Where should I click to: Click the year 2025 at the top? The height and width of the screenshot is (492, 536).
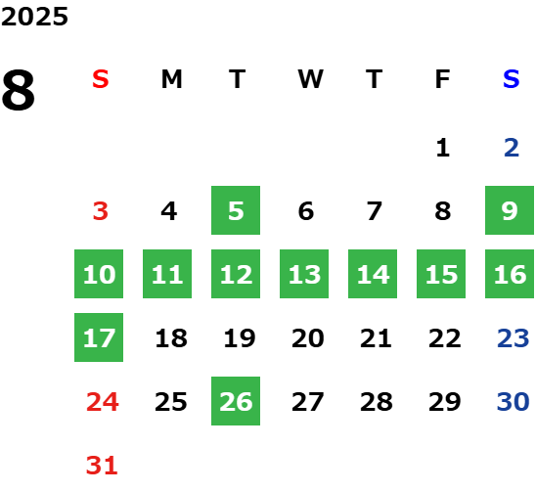coord(34,17)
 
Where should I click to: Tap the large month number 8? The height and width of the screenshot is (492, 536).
coord(19,90)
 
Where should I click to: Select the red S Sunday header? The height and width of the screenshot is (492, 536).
coord(101,79)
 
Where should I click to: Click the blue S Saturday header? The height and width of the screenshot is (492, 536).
coord(511,79)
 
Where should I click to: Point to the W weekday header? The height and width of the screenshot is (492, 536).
coord(310,79)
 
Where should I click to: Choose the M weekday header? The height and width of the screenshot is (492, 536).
coord(171,79)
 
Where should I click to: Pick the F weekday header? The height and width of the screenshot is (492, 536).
coord(443,79)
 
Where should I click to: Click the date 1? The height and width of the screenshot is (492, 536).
coord(443,148)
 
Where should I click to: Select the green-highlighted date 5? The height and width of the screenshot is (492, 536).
coord(236,210)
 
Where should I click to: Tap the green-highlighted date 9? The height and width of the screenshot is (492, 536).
coord(510,210)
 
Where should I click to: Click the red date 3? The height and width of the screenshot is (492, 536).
coord(101,211)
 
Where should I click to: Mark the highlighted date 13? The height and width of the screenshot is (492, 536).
coord(304,274)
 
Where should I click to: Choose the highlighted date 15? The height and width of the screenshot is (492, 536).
coord(441,274)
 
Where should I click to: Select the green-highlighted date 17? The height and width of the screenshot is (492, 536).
coord(99,337)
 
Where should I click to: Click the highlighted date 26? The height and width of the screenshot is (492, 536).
coord(236,401)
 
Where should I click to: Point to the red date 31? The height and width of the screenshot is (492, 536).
coord(102,466)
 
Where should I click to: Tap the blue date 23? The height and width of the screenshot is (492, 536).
coord(514,338)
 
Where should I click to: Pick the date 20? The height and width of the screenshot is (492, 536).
coord(308,338)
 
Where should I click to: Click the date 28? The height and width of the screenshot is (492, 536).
coord(376,402)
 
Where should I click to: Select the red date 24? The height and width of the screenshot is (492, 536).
coord(102,402)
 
